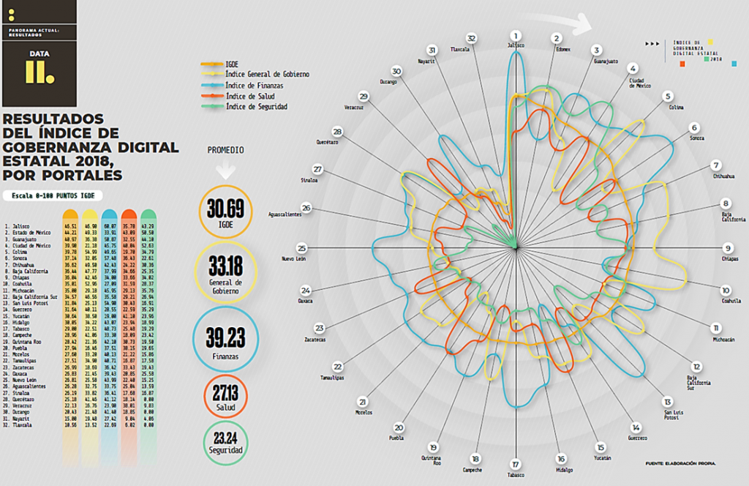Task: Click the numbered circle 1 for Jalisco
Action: click(516, 35)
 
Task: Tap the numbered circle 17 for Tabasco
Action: click(516, 464)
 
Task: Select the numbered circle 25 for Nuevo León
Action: click(301, 248)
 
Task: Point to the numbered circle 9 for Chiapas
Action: click(729, 248)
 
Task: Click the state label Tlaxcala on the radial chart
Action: click(459, 50)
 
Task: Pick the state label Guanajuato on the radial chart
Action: click(606, 61)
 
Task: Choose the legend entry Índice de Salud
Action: click(250, 96)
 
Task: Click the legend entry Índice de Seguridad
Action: click(256, 107)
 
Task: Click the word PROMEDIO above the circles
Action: click(225, 150)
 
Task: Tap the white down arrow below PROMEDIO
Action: click(225, 171)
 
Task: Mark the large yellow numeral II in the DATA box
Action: click(35, 70)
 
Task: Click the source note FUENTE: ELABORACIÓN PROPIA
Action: click(680, 463)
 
